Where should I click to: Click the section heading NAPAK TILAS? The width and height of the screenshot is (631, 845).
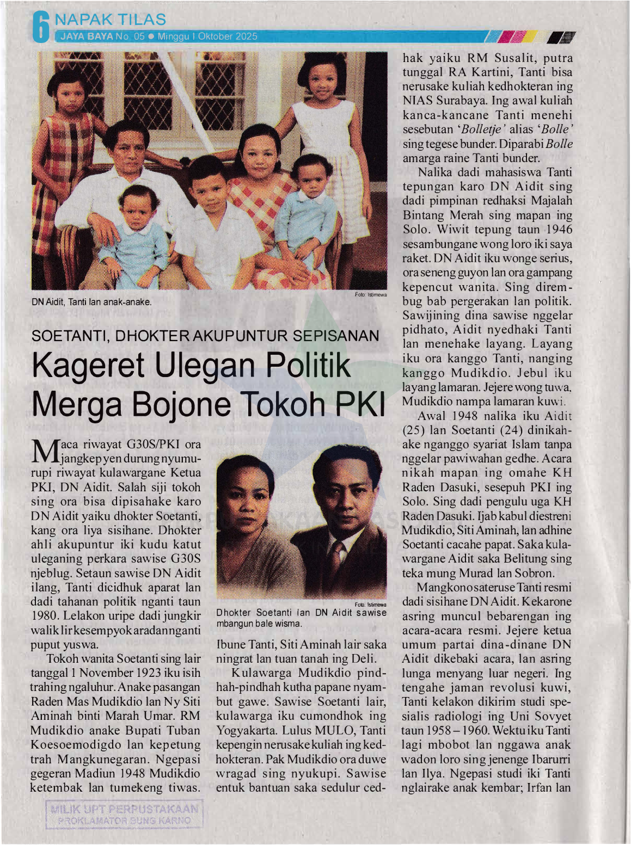(x=111, y=20)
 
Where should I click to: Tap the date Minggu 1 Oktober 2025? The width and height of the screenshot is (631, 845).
(x=207, y=37)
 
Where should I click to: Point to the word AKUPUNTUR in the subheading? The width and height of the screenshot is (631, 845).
(x=240, y=336)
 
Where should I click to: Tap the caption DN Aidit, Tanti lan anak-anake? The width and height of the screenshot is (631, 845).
(x=91, y=302)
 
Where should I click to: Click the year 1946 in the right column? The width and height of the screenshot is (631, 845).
(x=559, y=230)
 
